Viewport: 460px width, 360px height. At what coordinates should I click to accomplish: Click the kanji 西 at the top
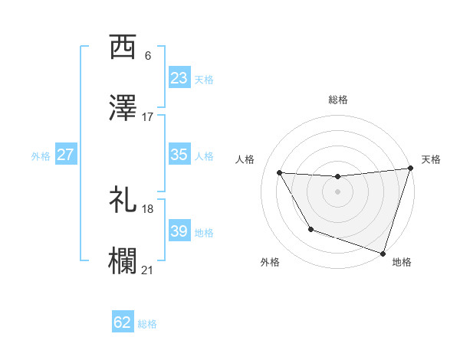click(123, 48)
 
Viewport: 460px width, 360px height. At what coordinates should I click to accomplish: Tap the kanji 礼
click(123, 201)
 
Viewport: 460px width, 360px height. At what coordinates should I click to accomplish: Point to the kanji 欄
click(123, 262)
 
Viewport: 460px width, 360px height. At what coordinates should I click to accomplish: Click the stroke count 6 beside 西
click(147, 56)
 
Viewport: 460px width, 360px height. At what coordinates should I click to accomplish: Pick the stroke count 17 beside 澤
click(147, 117)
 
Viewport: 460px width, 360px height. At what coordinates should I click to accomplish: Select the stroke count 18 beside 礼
click(147, 208)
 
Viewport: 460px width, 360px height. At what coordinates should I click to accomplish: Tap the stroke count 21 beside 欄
click(147, 270)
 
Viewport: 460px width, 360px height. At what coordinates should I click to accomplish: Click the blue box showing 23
click(179, 78)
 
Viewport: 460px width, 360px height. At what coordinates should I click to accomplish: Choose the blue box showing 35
click(179, 155)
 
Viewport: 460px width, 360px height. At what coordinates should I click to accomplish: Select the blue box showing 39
click(179, 231)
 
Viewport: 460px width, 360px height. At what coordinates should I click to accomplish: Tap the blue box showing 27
click(66, 155)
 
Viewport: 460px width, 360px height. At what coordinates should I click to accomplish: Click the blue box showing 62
click(123, 322)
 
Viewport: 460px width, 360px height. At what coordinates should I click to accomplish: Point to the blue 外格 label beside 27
click(41, 155)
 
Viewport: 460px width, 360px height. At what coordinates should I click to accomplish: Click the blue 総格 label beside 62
click(147, 323)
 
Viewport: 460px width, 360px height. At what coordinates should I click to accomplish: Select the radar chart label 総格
click(338, 100)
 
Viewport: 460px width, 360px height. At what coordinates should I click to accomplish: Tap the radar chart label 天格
click(431, 159)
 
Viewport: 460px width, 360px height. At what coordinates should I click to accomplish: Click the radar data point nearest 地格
click(383, 253)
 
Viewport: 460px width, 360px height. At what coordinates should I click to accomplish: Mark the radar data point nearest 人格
click(280, 173)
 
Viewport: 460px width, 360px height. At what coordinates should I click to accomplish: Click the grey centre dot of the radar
click(338, 191)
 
